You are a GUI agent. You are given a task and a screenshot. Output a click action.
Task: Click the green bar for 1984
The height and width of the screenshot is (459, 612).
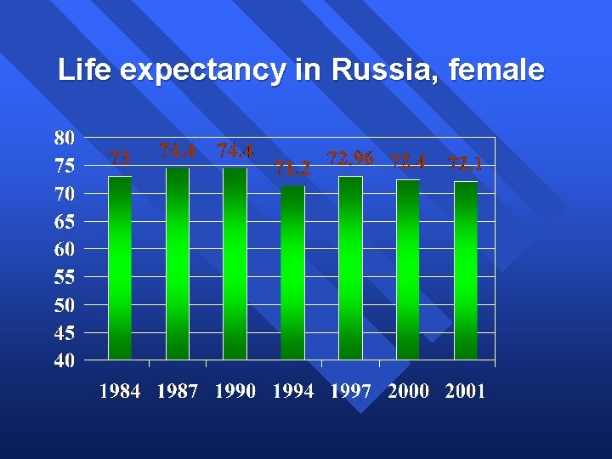coord(120,268)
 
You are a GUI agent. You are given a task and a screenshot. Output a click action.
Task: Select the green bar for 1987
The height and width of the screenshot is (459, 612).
coord(178,263)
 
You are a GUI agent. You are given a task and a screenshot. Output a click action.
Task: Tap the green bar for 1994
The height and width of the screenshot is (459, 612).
coord(292,273)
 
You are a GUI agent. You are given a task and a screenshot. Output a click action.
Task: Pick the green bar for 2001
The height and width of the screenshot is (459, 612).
coord(466,270)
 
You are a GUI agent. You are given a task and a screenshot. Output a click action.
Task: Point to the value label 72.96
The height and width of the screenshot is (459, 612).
coord(350,158)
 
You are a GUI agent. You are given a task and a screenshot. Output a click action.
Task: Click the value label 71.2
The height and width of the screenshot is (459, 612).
coord(292,168)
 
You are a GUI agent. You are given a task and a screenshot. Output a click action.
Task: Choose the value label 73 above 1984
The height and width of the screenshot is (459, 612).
coord(121,157)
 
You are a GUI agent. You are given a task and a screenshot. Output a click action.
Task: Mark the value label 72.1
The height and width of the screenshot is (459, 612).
coord(465,163)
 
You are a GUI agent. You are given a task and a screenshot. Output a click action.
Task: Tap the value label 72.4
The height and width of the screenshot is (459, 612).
coord(408,161)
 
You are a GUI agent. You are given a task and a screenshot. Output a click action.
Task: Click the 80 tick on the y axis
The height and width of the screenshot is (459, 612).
coord(64,138)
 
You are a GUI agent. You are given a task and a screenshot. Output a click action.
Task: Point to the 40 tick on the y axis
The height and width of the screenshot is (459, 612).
coord(64,360)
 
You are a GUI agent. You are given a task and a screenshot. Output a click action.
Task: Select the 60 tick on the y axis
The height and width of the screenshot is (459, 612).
coord(64,249)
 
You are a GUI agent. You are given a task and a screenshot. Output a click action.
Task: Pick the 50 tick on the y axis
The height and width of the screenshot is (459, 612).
coord(64,304)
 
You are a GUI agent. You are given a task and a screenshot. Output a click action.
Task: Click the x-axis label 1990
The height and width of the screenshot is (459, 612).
coord(235,392)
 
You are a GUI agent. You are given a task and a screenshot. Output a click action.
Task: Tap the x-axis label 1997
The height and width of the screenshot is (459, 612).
coord(350,392)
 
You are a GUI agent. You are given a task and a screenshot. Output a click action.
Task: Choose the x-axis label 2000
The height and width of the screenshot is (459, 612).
coord(408,392)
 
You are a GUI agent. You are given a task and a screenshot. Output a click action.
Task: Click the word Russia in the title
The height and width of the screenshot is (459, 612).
coord(379,70)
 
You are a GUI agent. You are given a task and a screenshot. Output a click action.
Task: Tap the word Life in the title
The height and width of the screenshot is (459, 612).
coord(83,70)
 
